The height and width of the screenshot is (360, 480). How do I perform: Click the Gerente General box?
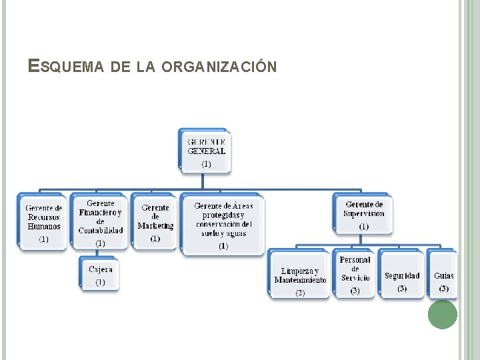pyautogui.click(x=206, y=151)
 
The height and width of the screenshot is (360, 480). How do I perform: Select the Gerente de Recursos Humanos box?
pyautogui.click(x=43, y=222)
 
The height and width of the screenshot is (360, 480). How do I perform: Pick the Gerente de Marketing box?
pyautogui.click(x=155, y=221)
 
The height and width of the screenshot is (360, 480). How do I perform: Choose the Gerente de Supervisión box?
pyautogui.click(x=364, y=214)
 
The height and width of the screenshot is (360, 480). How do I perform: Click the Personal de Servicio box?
pyautogui.click(x=355, y=273)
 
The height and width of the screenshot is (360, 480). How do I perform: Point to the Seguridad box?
pyautogui.click(x=402, y=275)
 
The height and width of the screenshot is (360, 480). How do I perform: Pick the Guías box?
pyautogui.click(x=443, y=275)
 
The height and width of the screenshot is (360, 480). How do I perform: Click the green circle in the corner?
pyautogui.click(x=443, y=314)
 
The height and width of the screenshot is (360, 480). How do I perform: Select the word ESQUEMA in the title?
pyautogui.click(x=65, y=67)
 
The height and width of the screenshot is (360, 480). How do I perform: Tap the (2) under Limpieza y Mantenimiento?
pyautogui.click(x=300, y=293)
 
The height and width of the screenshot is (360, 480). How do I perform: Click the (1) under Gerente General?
pyautogui.click(x=206, y=163)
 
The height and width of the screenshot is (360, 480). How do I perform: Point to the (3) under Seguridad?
pyautogui.click(x=402, y=289)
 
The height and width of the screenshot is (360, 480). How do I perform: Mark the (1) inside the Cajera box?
pyautogui.click(x=100, y=283)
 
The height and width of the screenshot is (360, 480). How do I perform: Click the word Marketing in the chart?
pyautogui.click(x=155, y=226)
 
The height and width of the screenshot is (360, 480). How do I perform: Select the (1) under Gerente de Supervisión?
pyautogui.click(x=364, y=227)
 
